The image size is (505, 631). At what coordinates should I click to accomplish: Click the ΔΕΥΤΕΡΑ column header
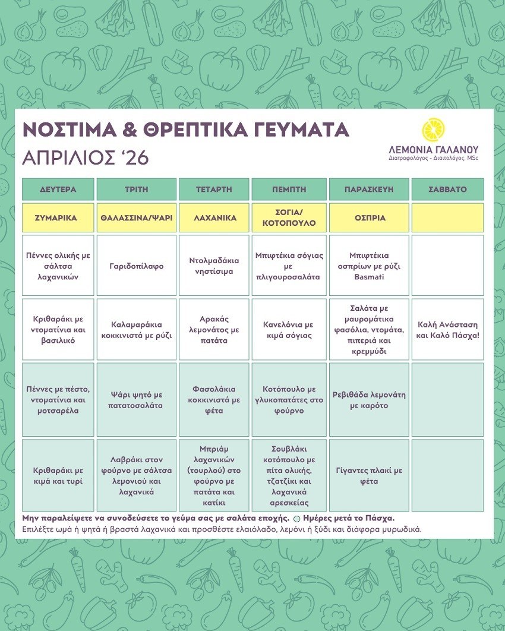[58, 190]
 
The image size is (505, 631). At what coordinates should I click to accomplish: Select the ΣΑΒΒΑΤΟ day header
[447, 190]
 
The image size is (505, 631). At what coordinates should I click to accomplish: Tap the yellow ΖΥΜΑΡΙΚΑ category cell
[58, 218]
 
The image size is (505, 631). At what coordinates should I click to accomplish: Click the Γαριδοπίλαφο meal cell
[136, 266]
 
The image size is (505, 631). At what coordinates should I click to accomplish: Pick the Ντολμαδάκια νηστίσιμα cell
[214, 266]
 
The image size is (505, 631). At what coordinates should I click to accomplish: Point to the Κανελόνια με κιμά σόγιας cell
[289, 330]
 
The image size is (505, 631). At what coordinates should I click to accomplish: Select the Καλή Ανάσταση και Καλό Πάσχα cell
[447, 330]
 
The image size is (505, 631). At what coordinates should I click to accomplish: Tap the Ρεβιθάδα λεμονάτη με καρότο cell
[368, 400]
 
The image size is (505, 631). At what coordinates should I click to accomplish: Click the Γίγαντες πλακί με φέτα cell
[368, 475]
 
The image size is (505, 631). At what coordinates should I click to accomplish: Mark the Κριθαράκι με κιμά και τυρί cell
[58, 475]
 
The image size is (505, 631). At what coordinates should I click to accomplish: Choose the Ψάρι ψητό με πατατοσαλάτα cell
[136, 400]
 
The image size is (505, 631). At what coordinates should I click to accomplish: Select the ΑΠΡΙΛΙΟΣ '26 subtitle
[85, 157]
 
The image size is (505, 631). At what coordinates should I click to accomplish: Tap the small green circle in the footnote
[297, 518]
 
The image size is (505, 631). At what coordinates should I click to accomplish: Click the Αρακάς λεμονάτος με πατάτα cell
[214, 330]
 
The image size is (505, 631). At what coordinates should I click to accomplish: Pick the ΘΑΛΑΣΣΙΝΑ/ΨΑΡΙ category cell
[136, 218]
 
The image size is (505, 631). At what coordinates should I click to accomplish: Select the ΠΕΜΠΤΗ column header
[289, 190]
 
